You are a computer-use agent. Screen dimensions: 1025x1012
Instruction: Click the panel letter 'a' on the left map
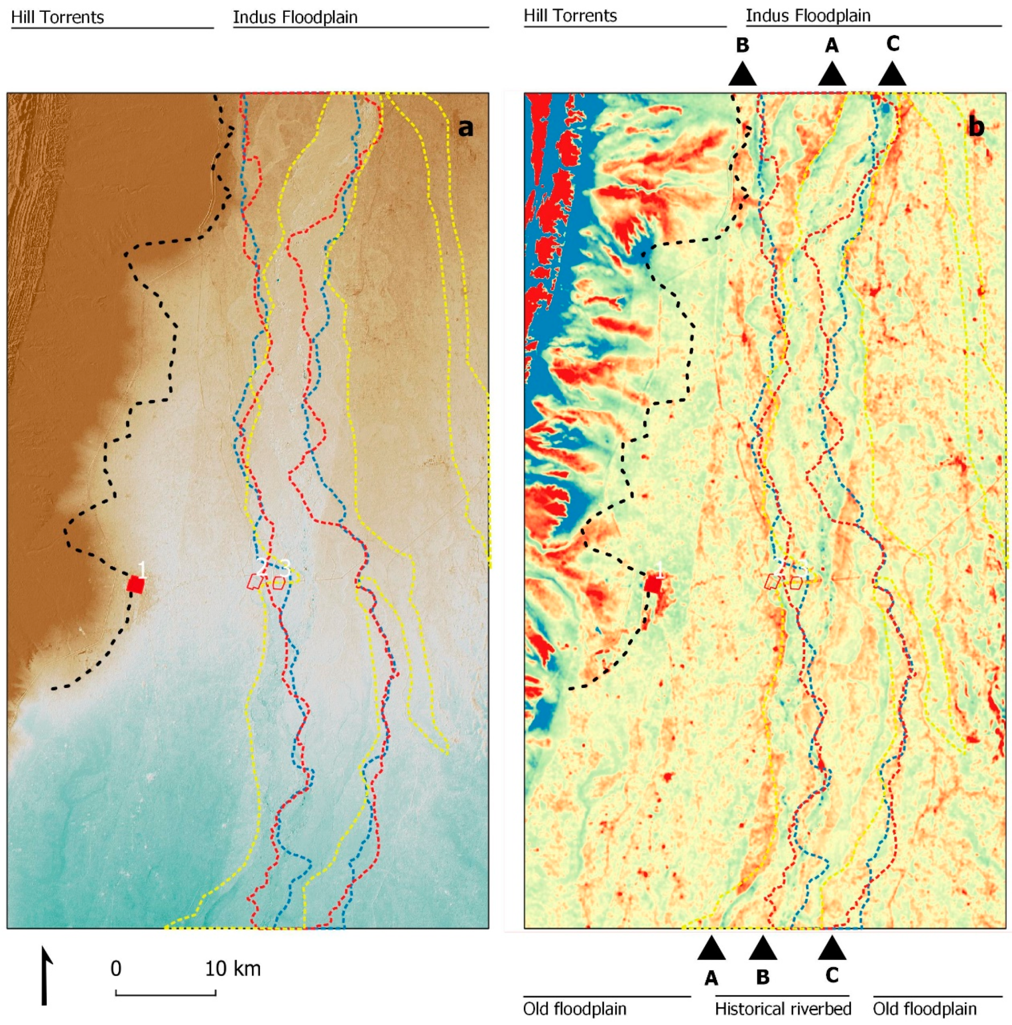[x=465, y=128]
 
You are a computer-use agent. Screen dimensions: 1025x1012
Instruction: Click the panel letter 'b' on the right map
[x=976, y=128]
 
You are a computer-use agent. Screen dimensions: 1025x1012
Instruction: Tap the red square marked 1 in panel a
[x=136, y=585]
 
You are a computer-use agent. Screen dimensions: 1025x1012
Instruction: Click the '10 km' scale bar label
[x=233, y=969]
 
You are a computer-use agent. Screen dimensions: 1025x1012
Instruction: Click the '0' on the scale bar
[x=116, y=969]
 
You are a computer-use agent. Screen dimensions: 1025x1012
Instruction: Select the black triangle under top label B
[x=742, y=75]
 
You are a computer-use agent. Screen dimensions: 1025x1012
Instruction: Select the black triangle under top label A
[x=832, y=75]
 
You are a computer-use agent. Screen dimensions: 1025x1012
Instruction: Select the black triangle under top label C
[x=892, y=75]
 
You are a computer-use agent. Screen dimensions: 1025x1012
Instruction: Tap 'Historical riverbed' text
[x=783, y=1008]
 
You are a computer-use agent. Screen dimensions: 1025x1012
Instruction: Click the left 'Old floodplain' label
[x=574, y=1009]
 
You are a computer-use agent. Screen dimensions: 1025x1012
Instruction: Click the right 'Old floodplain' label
[x=924, y=1009]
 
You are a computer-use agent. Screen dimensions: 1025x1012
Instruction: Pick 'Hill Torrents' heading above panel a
[x=57, y=18]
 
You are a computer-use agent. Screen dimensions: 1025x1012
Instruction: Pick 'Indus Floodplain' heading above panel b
[x=808, y=16]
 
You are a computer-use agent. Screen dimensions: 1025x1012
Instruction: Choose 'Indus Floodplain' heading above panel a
[x=295, y=18]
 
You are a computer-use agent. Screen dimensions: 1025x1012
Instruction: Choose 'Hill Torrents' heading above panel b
[x=570, y=16]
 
